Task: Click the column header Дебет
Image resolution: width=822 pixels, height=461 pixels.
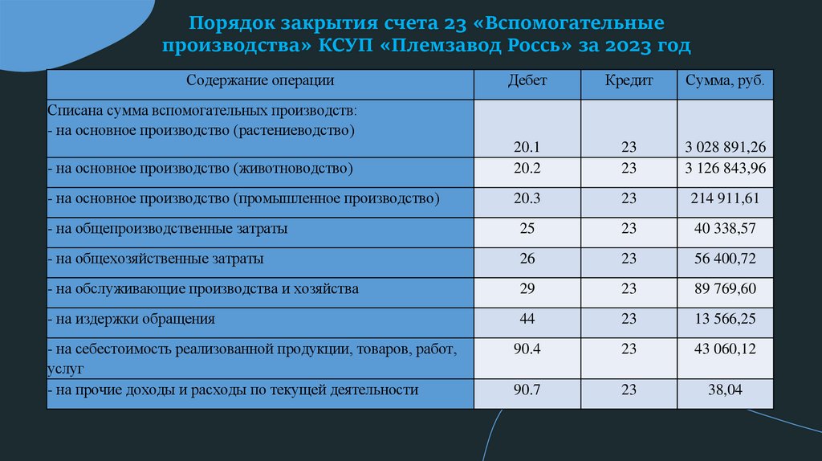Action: (x=527, y=81)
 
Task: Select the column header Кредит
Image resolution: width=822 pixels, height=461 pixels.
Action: (x=629, y=81)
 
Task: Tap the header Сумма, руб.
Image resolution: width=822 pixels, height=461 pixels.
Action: (x=725, y=81)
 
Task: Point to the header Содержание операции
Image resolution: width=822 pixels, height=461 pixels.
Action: (x=260, y=80)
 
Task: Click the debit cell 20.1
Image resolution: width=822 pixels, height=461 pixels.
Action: (x=527, y=147)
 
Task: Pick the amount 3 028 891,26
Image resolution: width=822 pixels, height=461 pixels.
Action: (x=726, y=147)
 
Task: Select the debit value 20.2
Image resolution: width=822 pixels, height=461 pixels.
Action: (x=527, y=168)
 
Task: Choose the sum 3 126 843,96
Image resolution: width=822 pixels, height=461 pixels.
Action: (x=726, y=168)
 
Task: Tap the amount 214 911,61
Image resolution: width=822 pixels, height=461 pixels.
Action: (x=726, y=198)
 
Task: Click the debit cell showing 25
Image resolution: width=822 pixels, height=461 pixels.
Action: (x=527, y=229)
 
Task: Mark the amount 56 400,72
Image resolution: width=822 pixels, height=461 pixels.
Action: (x=726, y=259)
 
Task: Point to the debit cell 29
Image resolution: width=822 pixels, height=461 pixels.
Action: (x=527, y=288)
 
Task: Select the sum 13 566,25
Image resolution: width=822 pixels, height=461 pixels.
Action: (x=726, y=319)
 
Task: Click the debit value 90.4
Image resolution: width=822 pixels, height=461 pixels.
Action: (x=527, y=349)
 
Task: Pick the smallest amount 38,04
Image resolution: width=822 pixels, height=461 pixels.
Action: (x=726, y=390)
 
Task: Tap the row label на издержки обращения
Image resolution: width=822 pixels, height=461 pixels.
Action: (x=132, y=319)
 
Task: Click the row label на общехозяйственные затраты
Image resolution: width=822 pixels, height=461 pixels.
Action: (x=156, y=259)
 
